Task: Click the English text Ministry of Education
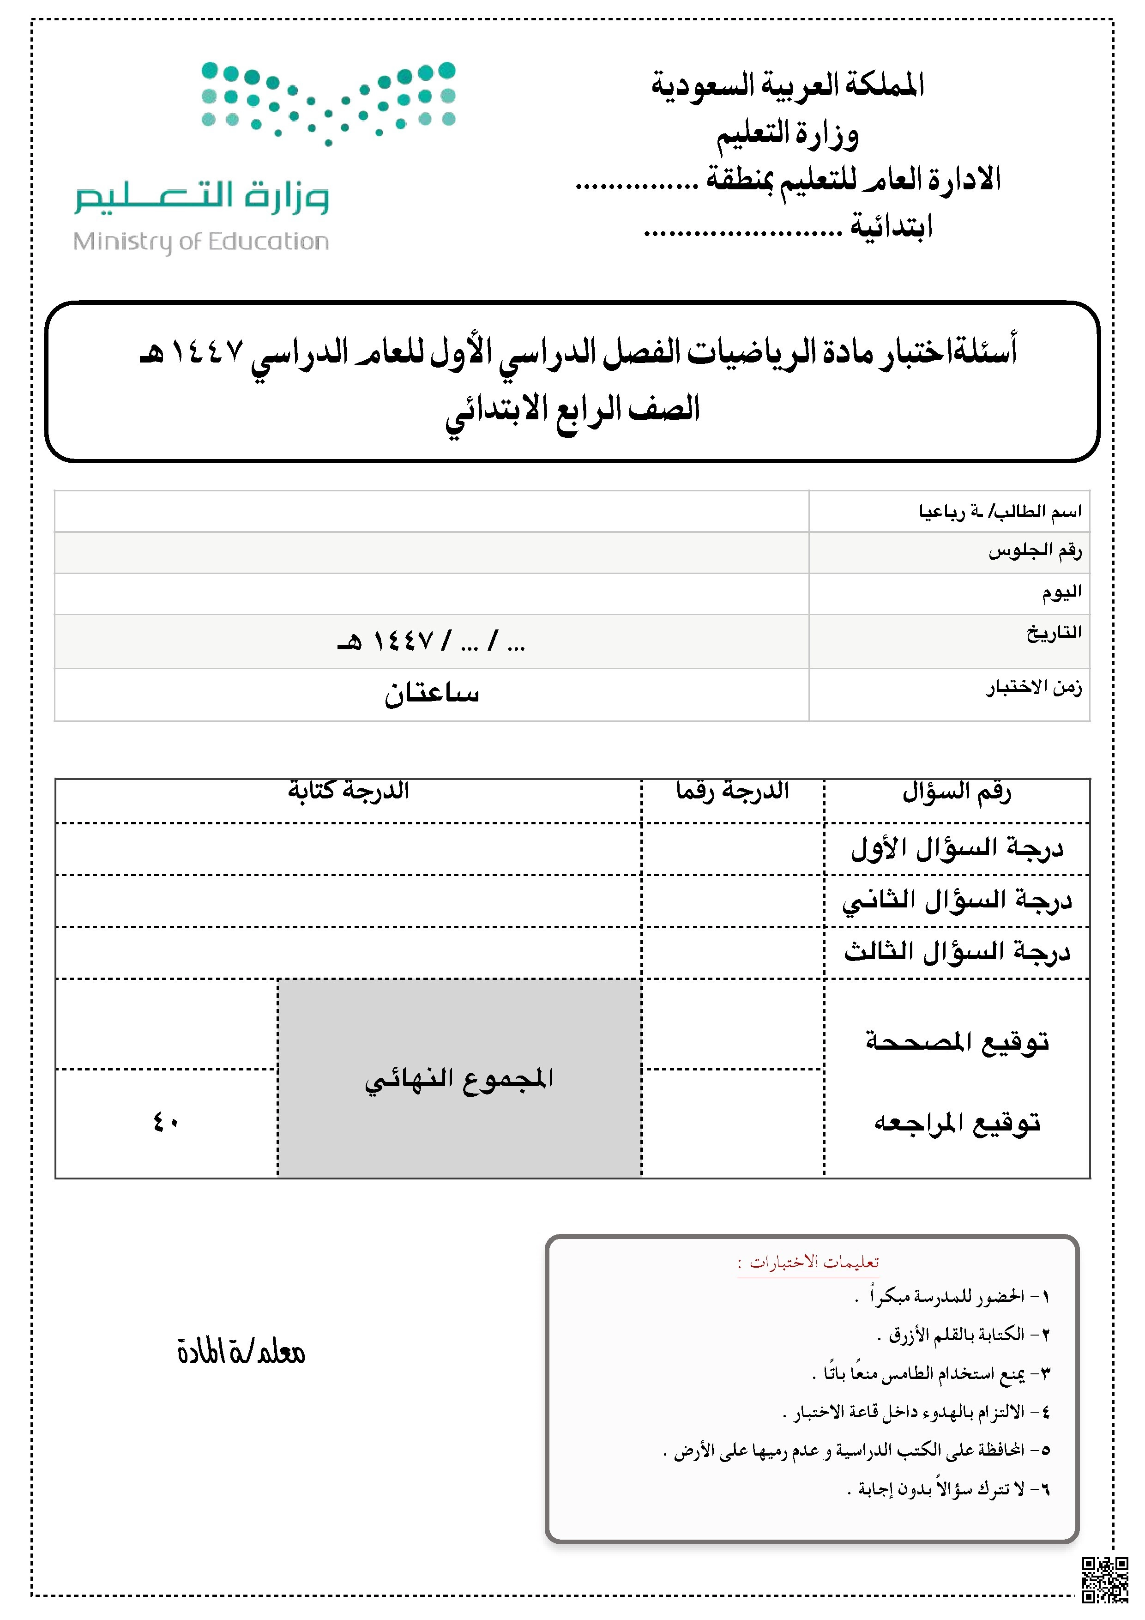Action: tap(201, 242)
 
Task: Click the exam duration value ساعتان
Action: tap(431, 694)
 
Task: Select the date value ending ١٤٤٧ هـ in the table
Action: tap(431, 641)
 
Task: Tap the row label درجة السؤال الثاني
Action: tap(957, 901)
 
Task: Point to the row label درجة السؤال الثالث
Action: tap(957, 953)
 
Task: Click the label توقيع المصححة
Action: tap(957, 1041)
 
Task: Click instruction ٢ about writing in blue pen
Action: tap(963, 1334)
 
